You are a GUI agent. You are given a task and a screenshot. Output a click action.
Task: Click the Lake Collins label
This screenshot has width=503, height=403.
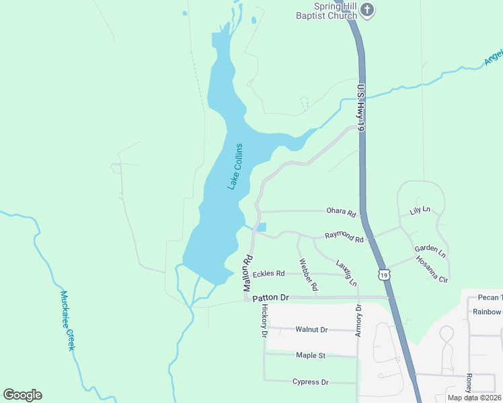pos(235,167)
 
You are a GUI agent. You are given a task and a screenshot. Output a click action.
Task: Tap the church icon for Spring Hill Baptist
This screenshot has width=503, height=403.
pos(366,9)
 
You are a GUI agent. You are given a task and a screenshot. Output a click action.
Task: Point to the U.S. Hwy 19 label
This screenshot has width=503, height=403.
pos(362,108)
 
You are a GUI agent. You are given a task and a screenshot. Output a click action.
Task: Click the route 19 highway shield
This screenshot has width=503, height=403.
pos(383,274)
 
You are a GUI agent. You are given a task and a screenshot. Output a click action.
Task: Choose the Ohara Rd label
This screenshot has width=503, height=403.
pos(341,213)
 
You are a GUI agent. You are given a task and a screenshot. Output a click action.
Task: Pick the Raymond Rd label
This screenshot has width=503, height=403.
pos(344,236)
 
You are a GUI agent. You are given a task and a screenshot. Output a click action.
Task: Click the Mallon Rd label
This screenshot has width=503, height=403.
pos(248,268)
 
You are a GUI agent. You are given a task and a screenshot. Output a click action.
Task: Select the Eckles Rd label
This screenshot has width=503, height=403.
pos(269,273)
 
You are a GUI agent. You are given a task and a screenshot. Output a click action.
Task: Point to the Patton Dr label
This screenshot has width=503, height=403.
pos(270,297)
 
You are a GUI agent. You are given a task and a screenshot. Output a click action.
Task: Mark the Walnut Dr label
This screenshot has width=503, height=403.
pos(311,330)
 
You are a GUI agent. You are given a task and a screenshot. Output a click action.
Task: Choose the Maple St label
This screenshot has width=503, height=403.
pos(311,355)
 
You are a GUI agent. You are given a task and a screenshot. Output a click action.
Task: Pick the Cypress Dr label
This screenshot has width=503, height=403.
pos(311,382)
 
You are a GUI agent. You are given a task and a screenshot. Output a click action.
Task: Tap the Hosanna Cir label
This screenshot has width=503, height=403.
pos(432,269)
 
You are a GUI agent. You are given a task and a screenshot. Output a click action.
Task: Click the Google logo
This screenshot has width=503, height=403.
pos(22,394)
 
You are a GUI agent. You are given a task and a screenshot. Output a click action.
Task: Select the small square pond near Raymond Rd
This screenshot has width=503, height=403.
pos(261,227)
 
